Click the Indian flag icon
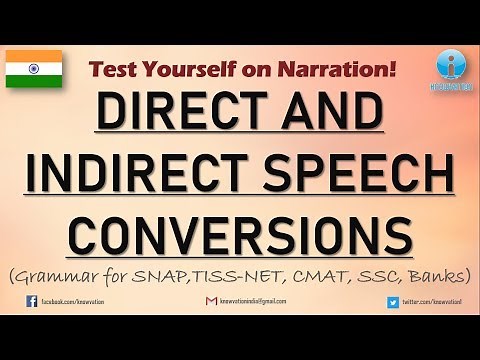(x=34, y=68)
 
